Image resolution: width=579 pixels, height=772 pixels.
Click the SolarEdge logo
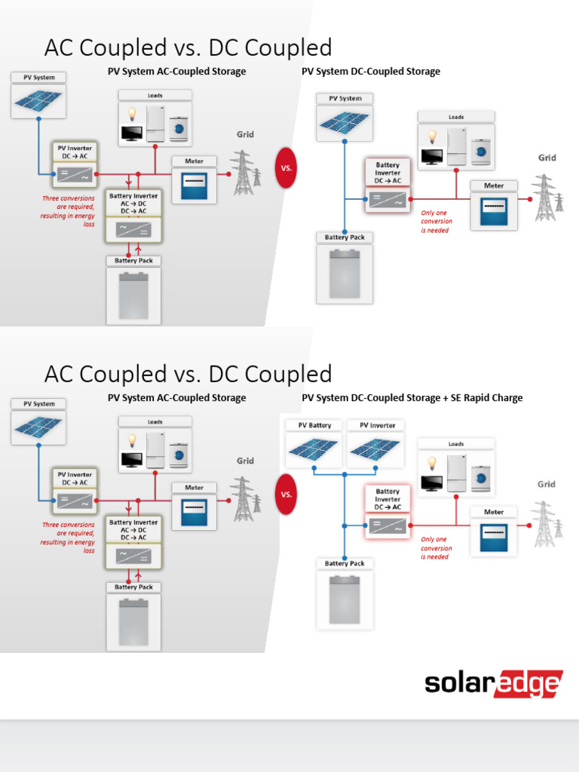[x=493, y=684]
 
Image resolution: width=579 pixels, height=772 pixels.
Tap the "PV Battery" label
[x=314, y=425]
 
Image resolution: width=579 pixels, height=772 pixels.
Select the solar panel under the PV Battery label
[x=314, y=450]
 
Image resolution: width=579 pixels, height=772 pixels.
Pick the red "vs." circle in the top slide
[x=286, y=168]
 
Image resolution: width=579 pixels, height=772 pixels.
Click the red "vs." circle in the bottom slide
[x=286, y=495]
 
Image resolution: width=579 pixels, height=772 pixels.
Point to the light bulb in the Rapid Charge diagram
[x=432, y=463]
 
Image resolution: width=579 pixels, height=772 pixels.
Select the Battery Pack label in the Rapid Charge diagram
[x=345, y=563]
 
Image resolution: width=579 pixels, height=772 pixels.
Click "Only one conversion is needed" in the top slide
[x=436, y=222]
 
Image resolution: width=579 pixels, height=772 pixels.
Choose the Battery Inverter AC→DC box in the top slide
[x=133, y=216]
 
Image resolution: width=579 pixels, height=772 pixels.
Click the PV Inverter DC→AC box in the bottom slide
[x=73, y=488]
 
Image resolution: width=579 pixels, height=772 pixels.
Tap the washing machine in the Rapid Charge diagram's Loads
[x=479, y=473]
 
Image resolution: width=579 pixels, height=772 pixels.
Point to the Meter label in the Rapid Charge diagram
[x=494, y=512]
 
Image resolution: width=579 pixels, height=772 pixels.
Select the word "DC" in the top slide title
[x=225, y=47]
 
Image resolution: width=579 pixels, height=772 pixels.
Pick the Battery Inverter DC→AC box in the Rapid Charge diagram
[x=388, y=511]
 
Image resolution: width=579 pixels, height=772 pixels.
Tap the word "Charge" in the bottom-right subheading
[x=506, y=397]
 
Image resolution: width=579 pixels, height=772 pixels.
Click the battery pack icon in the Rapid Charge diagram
[x=345, y=599]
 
